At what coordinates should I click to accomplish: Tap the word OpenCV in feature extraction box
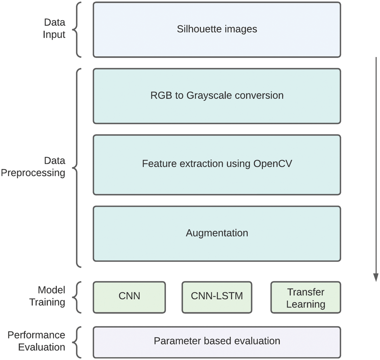pyautogui.click(x=272, y=163)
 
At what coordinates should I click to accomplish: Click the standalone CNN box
pyautogui.click(x=129, y=297)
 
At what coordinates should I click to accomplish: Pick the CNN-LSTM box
pyautogui.click(x=217, y=297)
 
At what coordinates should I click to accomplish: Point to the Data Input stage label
pyautogui.click(x=54, y=28)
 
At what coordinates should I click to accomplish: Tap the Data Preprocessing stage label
pyautogui.click(x=33, y=167)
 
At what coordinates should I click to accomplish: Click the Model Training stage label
pyautogui.click(x=47, y=296)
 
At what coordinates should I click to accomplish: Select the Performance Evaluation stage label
pyautogui.click(x=36, y=341)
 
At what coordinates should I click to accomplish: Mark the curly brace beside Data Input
pyautogui.click(x=77, y=30)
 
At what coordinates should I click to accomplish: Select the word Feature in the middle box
pyautogui.click(x=155, y=163)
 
